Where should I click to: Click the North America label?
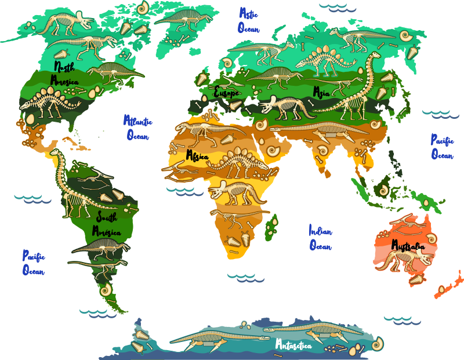[x=64, y=73]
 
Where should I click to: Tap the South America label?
[x=107, y=225]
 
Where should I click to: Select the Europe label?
[x=227, y=92]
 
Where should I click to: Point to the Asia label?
[x=321, y=92]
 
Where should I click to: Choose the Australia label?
[x=412, y=246]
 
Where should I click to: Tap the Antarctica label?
[x=293, y=346]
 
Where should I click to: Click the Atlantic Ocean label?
[x=137, y=128]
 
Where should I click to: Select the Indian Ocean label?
[x=320, y=238]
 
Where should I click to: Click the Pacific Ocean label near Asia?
[x=441, y=147]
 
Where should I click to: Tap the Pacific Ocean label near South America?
[x=34, y=262]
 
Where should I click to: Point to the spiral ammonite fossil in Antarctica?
[x=378, y=343]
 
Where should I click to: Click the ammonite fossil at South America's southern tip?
[x=106, y=291]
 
